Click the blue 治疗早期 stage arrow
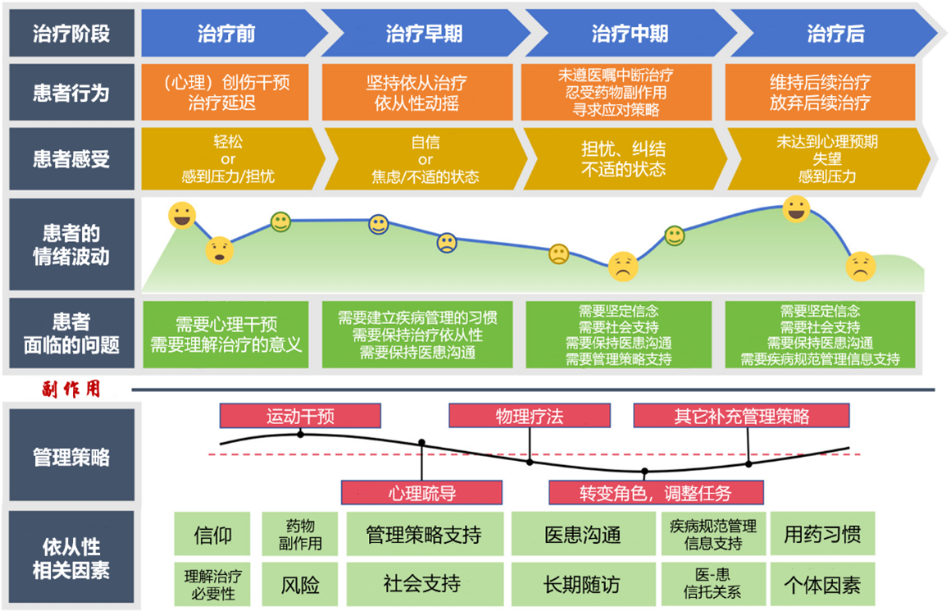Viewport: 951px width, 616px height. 425,34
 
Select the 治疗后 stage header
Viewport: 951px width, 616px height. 835,34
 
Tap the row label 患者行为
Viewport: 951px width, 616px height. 71,93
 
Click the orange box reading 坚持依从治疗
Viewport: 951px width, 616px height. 416,93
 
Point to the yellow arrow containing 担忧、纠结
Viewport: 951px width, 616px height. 624,158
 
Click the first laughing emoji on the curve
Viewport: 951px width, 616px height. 182,216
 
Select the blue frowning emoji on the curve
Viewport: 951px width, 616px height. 447,243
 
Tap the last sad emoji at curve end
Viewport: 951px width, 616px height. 861,267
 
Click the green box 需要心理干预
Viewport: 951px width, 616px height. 225,335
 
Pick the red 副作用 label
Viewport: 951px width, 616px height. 71,389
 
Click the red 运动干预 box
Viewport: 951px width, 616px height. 300,416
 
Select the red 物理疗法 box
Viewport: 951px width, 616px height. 530,416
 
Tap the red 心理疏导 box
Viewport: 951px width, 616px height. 421,493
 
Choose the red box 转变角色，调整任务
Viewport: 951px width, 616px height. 656,493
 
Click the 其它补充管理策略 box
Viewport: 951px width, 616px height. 741,416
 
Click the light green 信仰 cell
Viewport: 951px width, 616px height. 212,534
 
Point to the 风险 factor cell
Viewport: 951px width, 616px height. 299,585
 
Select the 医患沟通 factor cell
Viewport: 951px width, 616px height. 583,534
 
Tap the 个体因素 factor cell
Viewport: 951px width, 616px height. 822,585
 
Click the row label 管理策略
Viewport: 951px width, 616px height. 71,455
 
